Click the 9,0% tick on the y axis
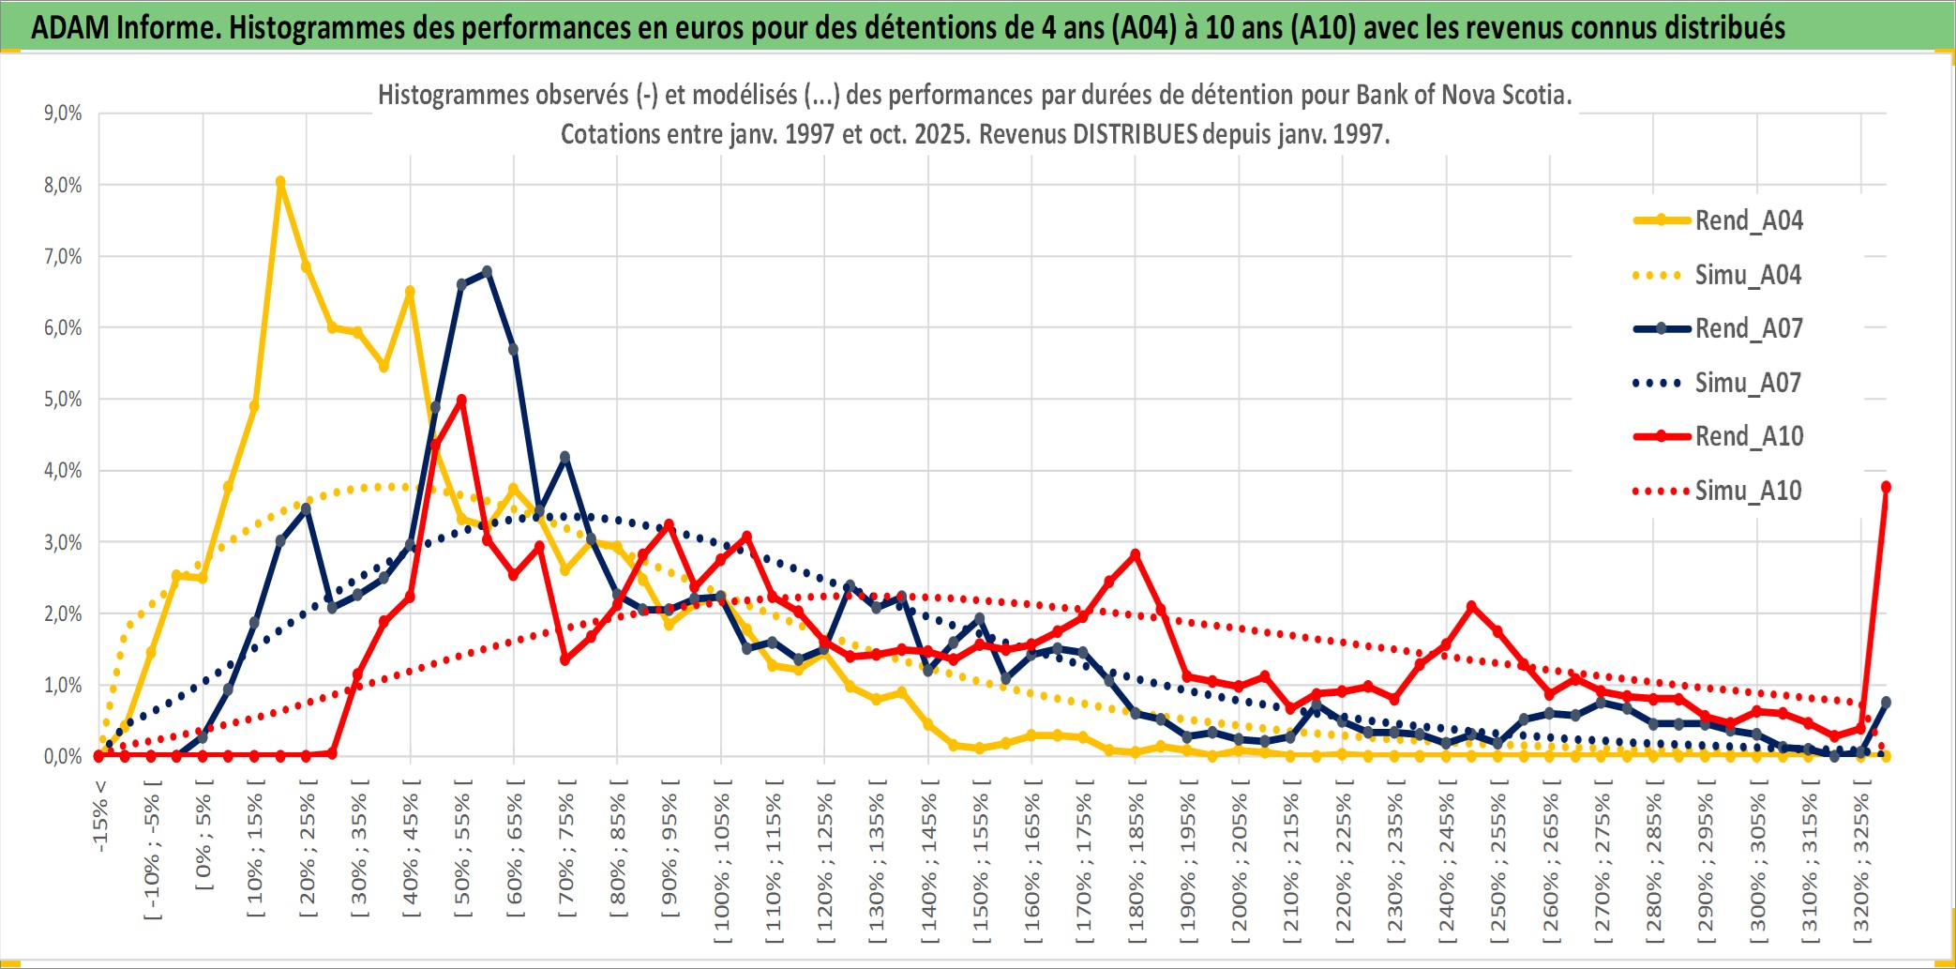click(63, 114)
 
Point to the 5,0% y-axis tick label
click(63, 400)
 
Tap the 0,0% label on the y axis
click(63, 756)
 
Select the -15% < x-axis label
click(100, 816)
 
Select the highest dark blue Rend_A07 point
click(487, 272)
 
